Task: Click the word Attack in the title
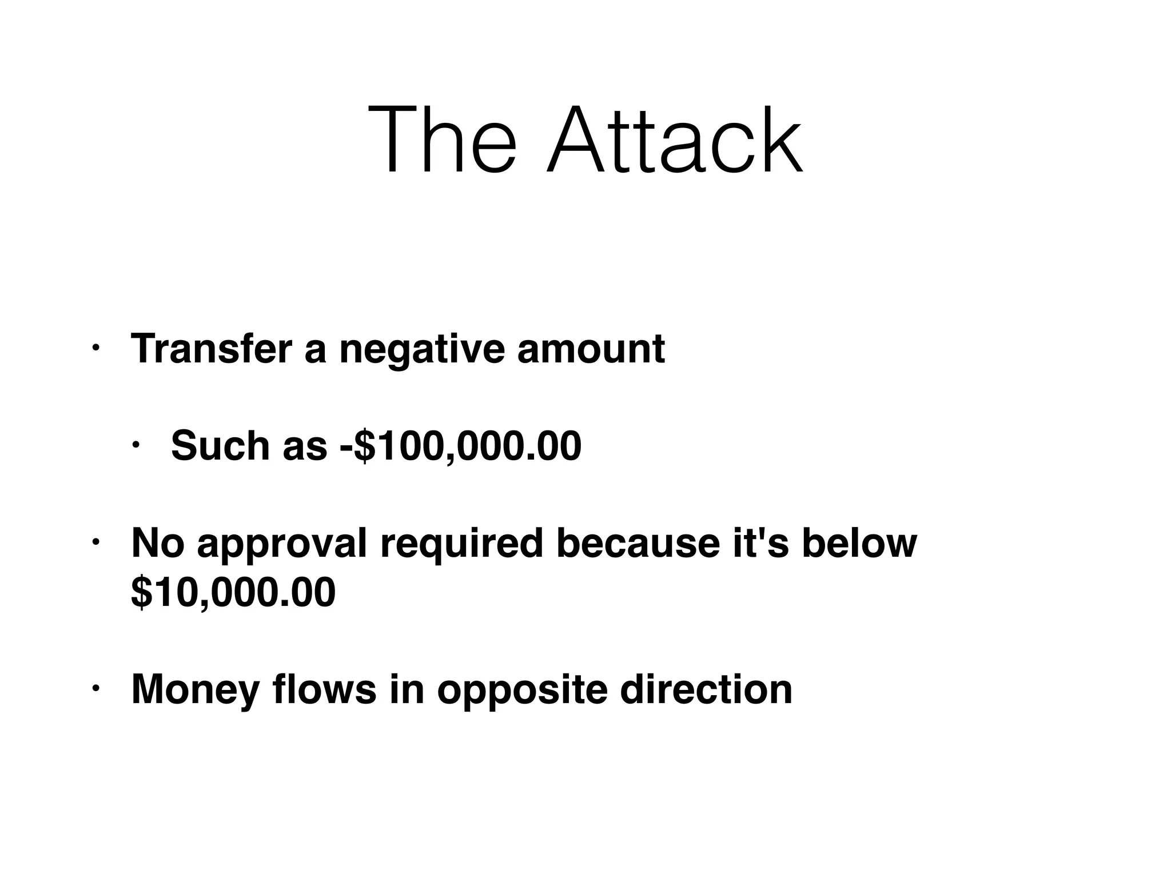675,140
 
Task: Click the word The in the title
442,140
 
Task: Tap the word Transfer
212,348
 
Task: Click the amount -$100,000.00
461,446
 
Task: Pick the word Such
221,445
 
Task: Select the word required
461,545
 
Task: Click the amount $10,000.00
233,593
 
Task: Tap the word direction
706,689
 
